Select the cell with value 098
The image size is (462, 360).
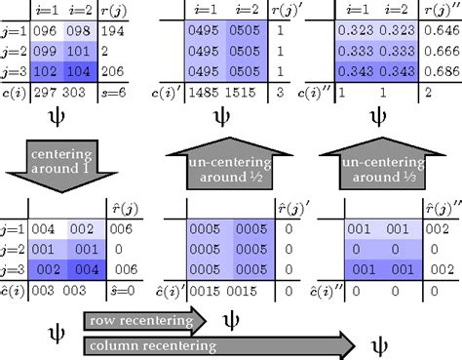77,32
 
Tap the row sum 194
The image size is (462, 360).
113,32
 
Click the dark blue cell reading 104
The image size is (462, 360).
77,70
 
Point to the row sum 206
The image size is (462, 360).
113,70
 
